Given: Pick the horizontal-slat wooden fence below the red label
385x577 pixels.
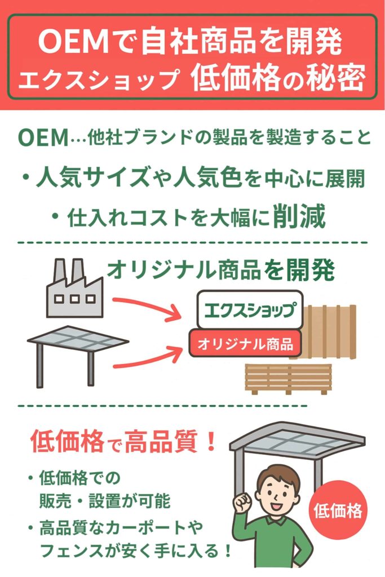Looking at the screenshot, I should (x=288, y=378).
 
